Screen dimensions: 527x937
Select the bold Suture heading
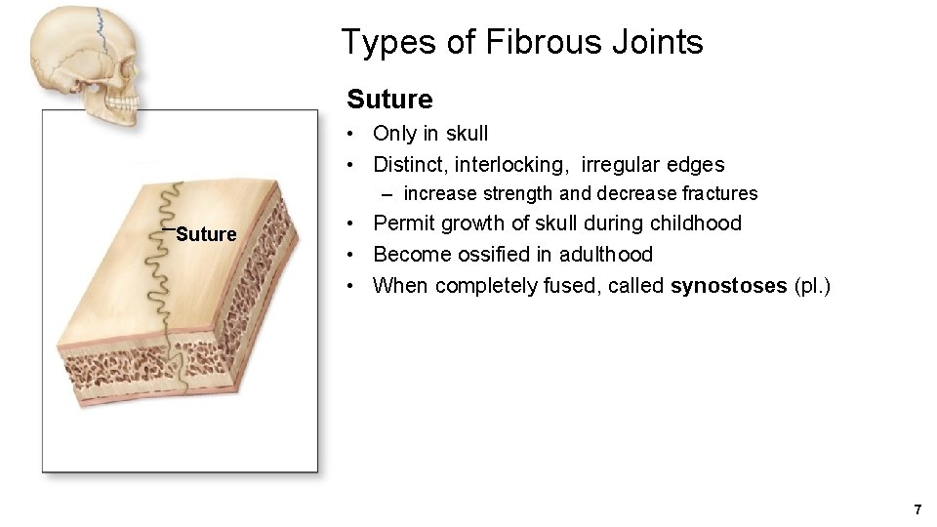point(389,100)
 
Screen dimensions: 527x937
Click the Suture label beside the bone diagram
point(206,234)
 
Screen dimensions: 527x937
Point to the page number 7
point(917,509)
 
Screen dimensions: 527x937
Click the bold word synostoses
point(729,285)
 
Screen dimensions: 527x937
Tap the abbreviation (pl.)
point(812,285)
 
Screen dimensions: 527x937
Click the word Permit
point(405,223)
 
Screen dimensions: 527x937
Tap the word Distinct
point(409,164)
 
